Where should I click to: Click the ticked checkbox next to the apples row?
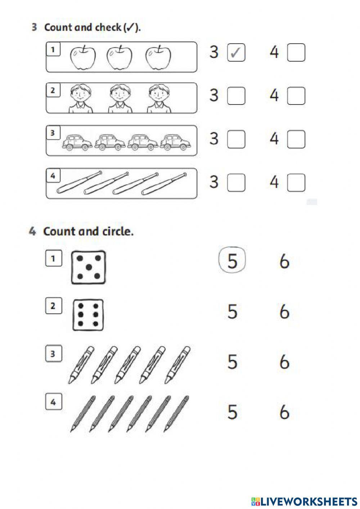[x=236, y=53]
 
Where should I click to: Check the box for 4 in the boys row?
[x=296, y=96]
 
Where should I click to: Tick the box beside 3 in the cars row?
[x=236, y=139]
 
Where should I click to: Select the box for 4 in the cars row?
[x=296, y=139]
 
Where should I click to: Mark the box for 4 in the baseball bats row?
[x=296, y=182]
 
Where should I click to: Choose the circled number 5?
[x=232, y=260]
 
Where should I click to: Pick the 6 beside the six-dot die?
[x=284, y=311]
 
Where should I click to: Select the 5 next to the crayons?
[x=233, y=361]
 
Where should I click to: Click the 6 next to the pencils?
[x=284, y=412]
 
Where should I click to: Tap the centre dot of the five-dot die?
[x=89, y=267]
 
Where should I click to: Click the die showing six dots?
[x=88, y=315]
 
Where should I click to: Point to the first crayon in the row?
[x=81, y=365]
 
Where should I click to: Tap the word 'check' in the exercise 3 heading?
[x=108, y=27]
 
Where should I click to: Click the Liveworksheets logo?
[x=304, y=501]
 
